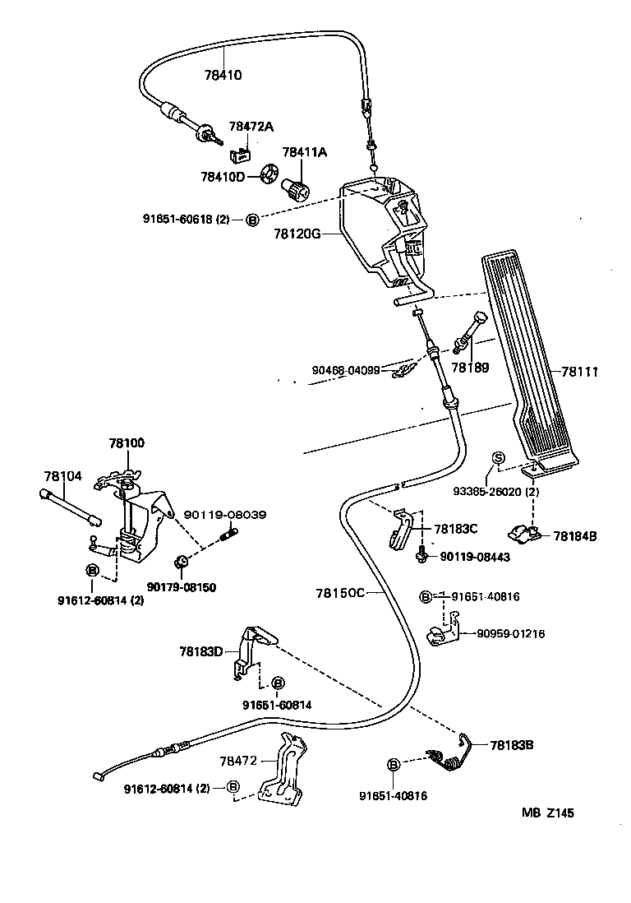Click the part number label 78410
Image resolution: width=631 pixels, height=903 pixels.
coord(223,75)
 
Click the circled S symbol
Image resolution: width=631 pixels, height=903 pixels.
coord(497,458)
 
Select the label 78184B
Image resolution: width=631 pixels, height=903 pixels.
coord(575,535)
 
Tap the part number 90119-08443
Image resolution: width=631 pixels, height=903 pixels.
coord(475,558)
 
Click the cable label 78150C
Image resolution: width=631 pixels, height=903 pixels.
coord(339,592)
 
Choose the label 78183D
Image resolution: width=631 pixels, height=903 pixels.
coord(201,651)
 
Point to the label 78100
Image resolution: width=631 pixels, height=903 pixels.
coord(126,442)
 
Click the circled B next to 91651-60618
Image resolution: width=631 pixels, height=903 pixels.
coord(253,220)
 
